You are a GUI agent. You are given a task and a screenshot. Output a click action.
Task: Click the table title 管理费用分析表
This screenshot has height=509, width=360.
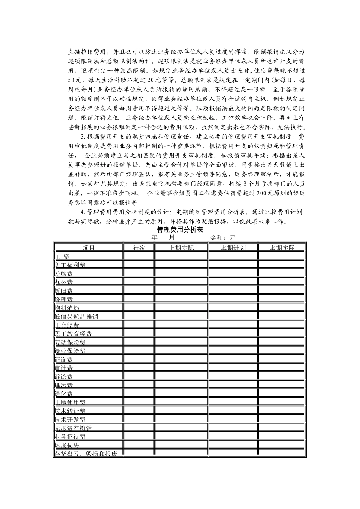coord(180,230)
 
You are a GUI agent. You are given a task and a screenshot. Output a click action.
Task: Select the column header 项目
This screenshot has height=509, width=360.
coord(89,248)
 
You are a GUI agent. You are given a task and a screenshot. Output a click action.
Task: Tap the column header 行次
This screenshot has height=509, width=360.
coord(139,248)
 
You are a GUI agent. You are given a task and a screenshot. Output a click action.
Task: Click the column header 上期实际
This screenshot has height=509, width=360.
coord(182,248)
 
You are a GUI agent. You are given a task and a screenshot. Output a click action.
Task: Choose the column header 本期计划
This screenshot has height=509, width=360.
coord(233,248)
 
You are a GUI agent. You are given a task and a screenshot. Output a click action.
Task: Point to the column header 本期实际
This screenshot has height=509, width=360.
coord(282,248)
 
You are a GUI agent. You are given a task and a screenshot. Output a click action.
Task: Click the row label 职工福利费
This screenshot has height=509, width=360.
coord(70,265)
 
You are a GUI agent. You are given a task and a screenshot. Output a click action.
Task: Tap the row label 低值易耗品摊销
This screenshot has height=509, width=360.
coord(77,316)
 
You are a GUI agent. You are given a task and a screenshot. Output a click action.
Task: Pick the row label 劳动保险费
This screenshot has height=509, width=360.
coord(70,342)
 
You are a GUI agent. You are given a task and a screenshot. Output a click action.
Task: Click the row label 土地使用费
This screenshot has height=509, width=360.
coord(70,402)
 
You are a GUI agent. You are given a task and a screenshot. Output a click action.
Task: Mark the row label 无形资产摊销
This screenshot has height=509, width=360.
coord(73,428)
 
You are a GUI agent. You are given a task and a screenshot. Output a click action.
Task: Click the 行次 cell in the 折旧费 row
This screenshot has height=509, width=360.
coord(139,290)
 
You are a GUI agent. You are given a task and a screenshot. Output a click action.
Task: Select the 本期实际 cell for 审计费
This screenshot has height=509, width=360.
coord(282,367)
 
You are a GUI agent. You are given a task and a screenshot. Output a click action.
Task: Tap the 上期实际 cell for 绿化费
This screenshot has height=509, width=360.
coord(182,393)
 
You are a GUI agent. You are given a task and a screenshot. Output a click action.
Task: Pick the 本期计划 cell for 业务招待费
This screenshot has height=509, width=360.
coord(233,436)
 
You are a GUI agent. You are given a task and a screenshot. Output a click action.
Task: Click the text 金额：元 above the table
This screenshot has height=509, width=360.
coord(223,238)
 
